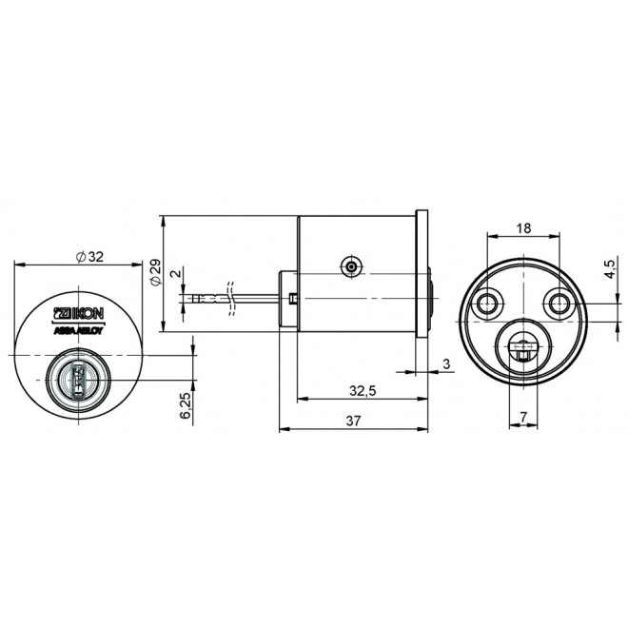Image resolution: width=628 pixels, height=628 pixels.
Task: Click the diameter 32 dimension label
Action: coord(90,257)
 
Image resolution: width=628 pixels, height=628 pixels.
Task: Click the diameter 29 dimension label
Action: coord(155,272)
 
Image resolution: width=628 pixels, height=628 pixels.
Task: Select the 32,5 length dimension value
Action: coord(363,390)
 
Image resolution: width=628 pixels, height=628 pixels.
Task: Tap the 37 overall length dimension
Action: coord(353,421)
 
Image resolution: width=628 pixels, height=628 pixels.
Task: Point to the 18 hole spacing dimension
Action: coord(523,228)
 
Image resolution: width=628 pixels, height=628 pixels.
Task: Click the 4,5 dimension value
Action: coord(609,268)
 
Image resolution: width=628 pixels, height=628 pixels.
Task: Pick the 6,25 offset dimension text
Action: coord(185,405)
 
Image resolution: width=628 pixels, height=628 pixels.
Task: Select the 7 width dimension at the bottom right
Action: coord(523,417)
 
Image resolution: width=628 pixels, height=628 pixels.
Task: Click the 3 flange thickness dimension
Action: coord(446,363)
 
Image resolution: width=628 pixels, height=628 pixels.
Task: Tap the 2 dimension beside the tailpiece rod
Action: coord(175,273)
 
